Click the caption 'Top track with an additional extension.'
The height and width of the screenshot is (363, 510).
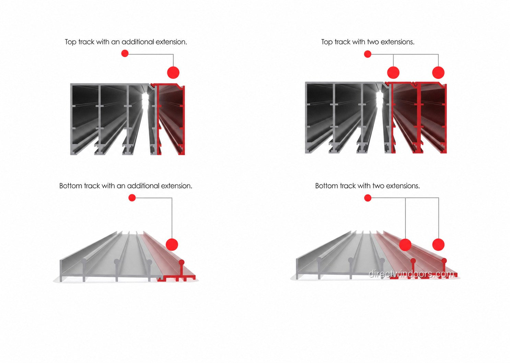[126, 42]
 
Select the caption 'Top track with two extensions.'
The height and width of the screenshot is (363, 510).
[368, 42]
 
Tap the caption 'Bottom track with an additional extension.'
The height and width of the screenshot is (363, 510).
[126, 186]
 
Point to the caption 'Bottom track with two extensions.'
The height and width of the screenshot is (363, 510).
[368, 186]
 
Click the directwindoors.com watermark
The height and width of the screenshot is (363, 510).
[412, 274]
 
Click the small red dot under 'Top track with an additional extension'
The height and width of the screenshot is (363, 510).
[125, 54]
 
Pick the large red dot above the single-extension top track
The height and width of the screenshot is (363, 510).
[173, 73]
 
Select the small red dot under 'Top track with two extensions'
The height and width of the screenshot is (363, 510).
[368, 54]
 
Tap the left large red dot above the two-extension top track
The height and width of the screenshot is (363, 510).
[393, 73]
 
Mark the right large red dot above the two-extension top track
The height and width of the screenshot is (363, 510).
[438, 73]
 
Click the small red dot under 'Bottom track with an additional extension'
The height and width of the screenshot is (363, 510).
[132, 198]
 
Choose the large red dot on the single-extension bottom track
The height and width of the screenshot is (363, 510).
[172, 244]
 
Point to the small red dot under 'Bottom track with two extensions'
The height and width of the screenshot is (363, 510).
[368, 198]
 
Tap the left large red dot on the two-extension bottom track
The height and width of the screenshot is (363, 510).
[405, 244]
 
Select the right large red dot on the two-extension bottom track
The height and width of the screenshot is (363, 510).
[438, 244]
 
